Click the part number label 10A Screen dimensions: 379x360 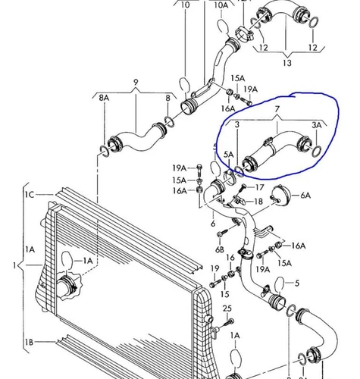coord(221,5)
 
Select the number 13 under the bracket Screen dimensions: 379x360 coord(287,64)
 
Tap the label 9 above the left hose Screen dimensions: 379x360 coord(136,82)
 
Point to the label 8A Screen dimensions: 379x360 coord(102,99)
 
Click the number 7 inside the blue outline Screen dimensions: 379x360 coord(278,111)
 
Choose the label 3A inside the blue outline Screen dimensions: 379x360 coord(317,124)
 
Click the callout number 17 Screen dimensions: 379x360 coord(259,187)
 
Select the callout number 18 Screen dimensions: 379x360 coord(258,202)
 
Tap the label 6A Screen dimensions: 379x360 coord(305,195)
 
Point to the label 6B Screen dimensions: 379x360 coord(220,249)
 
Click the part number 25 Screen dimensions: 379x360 coord(227,309)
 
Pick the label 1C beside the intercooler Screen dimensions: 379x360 coord(29,195)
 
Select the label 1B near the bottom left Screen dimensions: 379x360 coord(29,343)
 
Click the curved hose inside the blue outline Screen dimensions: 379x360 coord(277,148)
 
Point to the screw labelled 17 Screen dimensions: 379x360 coord(242,186)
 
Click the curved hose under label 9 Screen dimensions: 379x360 coord(138,138)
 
